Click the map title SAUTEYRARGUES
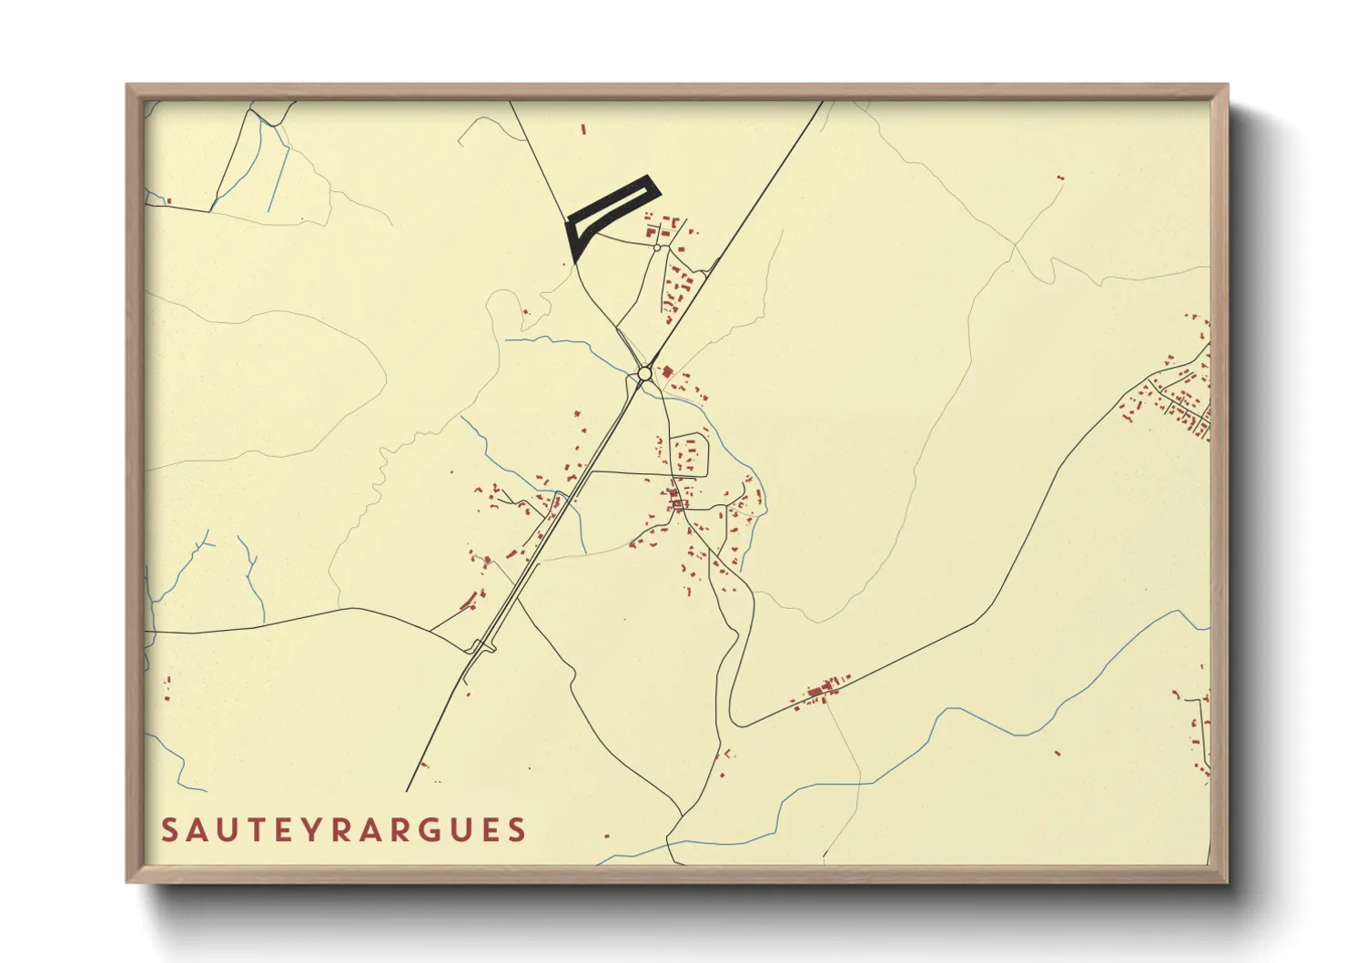click(344, 830)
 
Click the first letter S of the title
click(169, 830)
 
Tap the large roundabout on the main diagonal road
click(644, 373)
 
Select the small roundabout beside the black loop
click(657, 247)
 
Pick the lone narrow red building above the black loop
click(582, 130)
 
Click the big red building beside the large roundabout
click(667, 371)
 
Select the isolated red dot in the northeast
click(1060, 178)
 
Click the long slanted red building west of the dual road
click(470, 600)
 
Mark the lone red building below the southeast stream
click(1058, 753)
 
